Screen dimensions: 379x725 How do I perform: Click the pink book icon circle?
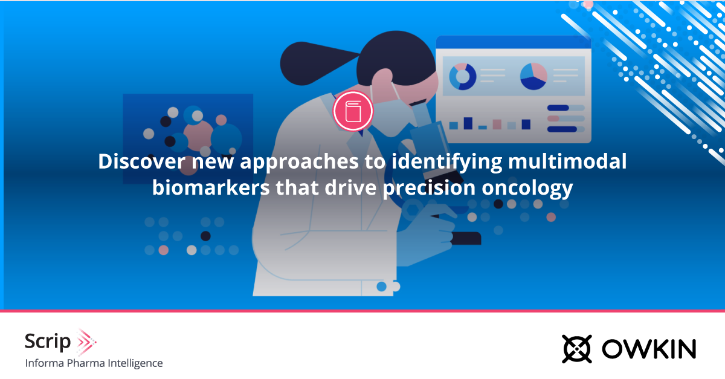[353, 111]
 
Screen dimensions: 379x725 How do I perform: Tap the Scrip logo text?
[48, 342]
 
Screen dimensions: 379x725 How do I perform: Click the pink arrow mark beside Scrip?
[86, 342]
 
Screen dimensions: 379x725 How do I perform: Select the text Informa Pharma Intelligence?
[94, 363]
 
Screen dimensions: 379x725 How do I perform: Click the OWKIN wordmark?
[648, 349]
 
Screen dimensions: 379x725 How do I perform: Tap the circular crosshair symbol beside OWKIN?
[576, 349]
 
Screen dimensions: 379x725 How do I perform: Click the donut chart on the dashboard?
[462, 77]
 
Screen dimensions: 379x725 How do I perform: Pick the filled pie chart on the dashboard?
[533, 76]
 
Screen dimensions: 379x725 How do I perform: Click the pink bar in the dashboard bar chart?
[497, 124]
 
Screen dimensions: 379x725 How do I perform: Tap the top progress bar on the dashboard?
[565, 108]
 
